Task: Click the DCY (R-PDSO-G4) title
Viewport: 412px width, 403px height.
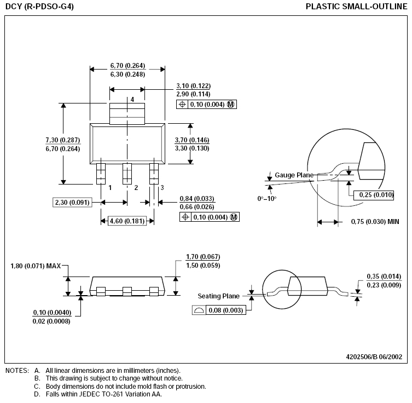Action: point(39,7)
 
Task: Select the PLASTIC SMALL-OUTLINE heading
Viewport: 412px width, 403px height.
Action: point(356,7)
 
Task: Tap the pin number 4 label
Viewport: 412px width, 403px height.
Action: point(132,99)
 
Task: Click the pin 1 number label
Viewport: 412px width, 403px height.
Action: point(110,187)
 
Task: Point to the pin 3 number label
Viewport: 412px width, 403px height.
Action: point(162,187)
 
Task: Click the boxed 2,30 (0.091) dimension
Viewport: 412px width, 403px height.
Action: point(72,202)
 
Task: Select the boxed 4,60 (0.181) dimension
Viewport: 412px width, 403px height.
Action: point(127,221)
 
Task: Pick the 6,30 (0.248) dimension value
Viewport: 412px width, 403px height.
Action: point(127,74)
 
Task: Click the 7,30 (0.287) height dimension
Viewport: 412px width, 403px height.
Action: point(63,140)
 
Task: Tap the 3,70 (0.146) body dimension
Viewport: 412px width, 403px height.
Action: point(192,140)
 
